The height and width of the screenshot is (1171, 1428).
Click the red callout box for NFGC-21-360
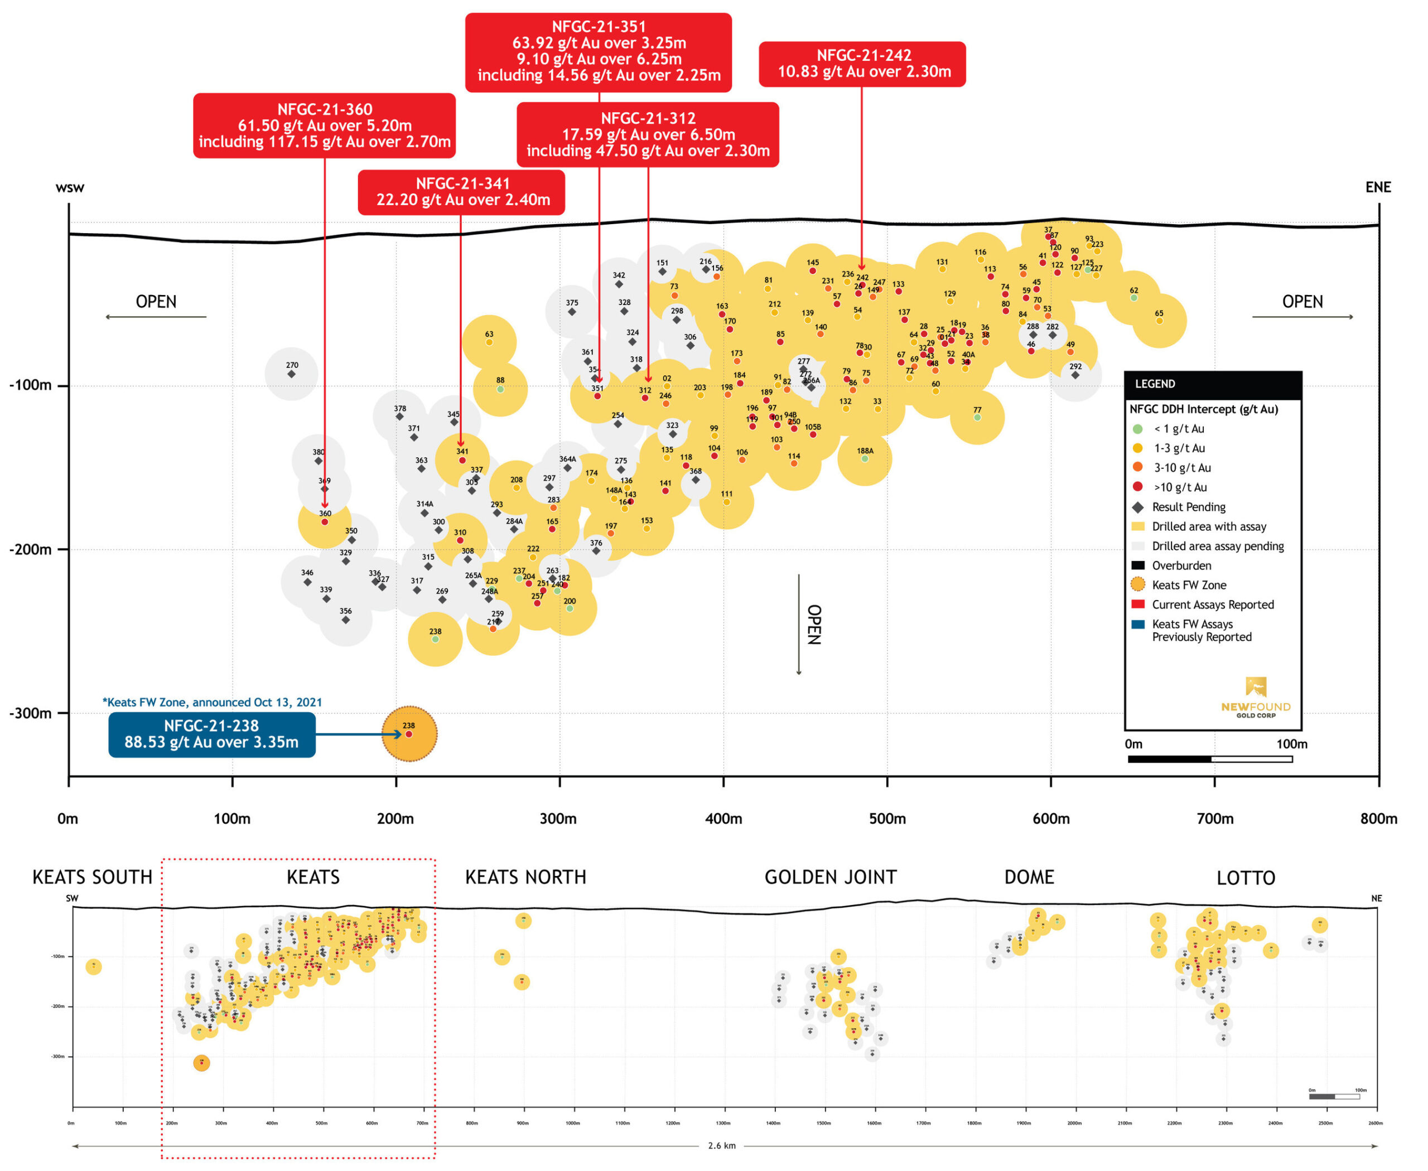click(324, 125)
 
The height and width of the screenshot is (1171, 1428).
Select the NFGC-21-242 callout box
click(862, 64)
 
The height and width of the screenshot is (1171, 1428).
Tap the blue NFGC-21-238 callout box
click(211, 734)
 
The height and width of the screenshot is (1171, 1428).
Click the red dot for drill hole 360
click(325, 521)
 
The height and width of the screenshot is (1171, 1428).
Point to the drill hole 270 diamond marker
click(292, 374)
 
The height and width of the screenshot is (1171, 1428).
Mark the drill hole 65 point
click(1159, 321)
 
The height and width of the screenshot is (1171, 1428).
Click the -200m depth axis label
click(30, 550)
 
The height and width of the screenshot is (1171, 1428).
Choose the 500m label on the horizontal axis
click(887, 818)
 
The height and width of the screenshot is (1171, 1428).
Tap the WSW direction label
click(70, 187)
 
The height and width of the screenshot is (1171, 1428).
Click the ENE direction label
click(1377, 187)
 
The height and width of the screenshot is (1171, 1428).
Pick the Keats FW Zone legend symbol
click(1138, 584)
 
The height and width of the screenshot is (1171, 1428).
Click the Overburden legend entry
click(1181, 565)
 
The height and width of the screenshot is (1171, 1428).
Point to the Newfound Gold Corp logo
click(1255, 698)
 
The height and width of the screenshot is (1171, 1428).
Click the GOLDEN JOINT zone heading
click(830, 877)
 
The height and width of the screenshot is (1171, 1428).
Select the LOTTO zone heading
click(1245, 878)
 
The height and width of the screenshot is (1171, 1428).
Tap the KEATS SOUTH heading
click(93, 877)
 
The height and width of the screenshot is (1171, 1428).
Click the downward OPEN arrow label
click(814, 624)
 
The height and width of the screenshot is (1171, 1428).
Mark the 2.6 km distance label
click(721, 1145)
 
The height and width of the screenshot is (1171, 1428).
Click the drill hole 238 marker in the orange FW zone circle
click(409, 733)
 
